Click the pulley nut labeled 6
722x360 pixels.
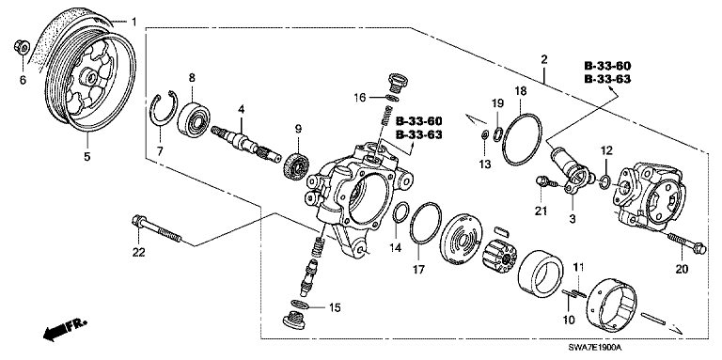tap(23, 46)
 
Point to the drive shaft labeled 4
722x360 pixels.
tap(245, 144)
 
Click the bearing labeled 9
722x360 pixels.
tap(297, 164)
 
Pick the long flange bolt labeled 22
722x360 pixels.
tap(156, 228)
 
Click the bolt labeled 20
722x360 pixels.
tap(686, 243)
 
